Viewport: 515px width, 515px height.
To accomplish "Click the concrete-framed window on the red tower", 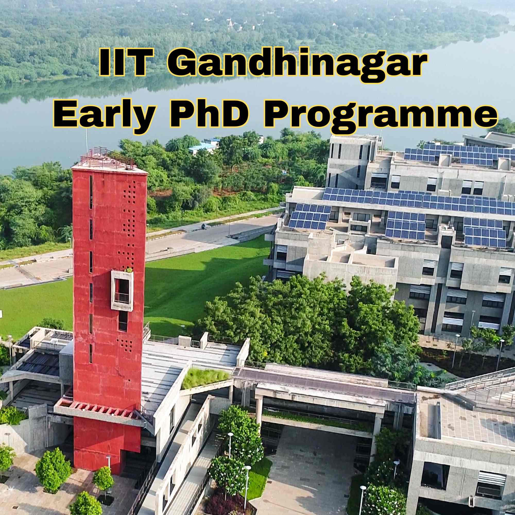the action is pos(122,291).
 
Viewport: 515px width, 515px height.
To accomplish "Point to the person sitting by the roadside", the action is pos(204,226).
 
